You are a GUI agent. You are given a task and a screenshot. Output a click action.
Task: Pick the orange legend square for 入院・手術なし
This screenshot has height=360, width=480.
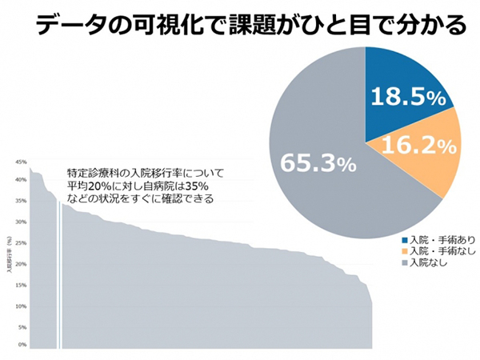[x=403, y=251]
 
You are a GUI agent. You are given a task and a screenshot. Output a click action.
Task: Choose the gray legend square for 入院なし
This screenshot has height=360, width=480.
[x=403, y=262]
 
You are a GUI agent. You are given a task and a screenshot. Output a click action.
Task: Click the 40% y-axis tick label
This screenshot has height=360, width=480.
[x=22, y=180]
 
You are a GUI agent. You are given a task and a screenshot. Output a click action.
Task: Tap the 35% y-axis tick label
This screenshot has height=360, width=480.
[x=22, y=201]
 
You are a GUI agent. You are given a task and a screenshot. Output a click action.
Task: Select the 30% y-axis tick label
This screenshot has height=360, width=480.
[x=22, y=222]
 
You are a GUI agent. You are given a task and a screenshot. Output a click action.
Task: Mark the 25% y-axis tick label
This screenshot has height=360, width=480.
[x=22, y=242]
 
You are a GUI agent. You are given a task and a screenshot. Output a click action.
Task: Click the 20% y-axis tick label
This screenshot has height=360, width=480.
[x=22, y=263]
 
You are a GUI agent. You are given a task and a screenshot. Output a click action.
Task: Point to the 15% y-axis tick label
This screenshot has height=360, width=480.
[x=22, y=284]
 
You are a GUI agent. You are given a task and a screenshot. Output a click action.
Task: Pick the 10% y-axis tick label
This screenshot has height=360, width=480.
[x=22, y=305]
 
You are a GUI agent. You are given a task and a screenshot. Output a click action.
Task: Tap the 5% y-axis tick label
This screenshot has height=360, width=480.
[x=24, y=326]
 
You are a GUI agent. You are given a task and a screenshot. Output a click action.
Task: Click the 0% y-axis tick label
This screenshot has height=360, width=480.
[x=24, y=346]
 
